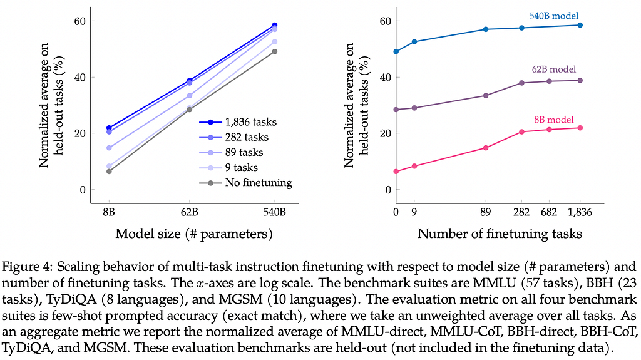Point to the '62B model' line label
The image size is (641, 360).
(x=553, y=69)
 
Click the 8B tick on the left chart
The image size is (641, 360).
(x=109, y=212)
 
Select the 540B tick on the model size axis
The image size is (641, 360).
(x=275, y=212)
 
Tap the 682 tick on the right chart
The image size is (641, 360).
(x=549, y=212)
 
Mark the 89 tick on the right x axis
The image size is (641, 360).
(x=486, y=212)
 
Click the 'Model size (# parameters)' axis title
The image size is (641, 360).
(x=194, y=234)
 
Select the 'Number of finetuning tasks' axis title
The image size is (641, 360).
(x=500, y=234)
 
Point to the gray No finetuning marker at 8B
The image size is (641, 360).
(x=109, y=171)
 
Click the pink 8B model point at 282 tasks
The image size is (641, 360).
(x=521, y=131)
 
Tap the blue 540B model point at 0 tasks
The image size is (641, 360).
(x=396, y=51)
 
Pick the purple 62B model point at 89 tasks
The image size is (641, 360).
(x=486, y=95)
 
